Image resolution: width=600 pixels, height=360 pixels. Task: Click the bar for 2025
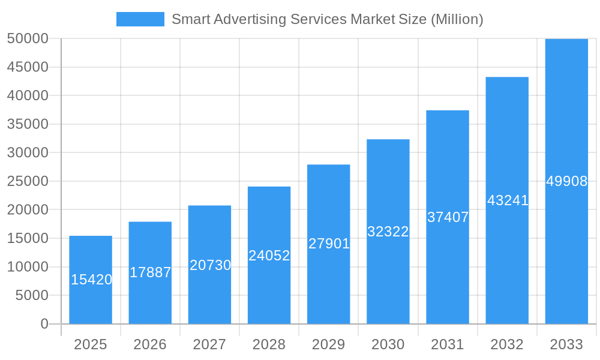click(x=91, y=280)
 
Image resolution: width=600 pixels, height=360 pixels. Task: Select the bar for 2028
click(x=269, y=255)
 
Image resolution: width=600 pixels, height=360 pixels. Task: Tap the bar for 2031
click(x=448, y=217)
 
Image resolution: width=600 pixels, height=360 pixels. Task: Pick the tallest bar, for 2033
click(x=566, y=181)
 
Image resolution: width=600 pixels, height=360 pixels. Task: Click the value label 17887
click(x=151, y=272)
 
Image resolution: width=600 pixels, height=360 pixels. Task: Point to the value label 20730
click(x=210, y=265)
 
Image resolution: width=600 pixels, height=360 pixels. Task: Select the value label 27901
click(x=329, y=244)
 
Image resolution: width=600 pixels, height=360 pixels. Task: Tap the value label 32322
click(x=388, y=232)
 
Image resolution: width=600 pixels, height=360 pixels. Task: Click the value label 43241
click(x=508, y=200)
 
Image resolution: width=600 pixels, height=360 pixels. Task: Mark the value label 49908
click(x=566, y=181)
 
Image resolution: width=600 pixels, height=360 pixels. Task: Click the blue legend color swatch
click(x=140, y=19)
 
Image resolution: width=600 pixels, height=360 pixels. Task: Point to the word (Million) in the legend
click(x=457, y=19)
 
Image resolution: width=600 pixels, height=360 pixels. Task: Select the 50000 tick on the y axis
click(x=28, y=38)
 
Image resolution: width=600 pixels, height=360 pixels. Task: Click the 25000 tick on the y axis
click(x=28, y=181)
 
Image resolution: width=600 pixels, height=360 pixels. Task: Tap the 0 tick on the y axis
click(x=44, y=324)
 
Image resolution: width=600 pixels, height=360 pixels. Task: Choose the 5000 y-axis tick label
click(x=31, y=295)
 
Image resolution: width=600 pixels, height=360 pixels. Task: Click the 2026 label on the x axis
click(x=150, y=344)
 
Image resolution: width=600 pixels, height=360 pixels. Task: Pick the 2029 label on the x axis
click(x=329, y=344)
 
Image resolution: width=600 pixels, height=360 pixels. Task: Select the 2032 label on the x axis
click(x=507, y=344)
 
